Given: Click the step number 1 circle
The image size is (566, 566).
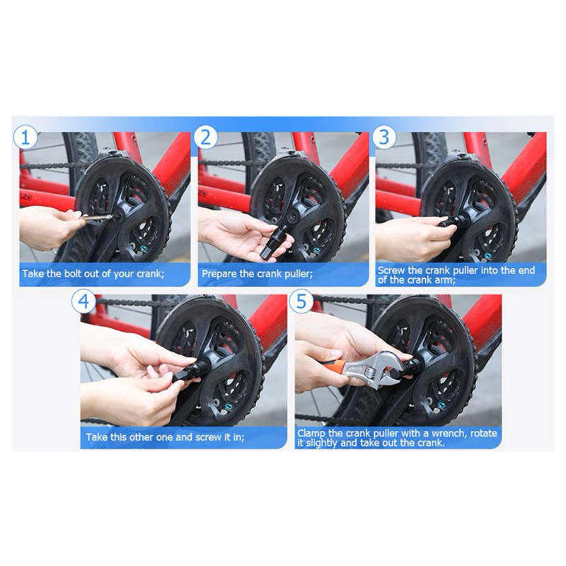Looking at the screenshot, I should [26, 137].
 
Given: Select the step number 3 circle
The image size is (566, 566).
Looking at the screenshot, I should [384, 137].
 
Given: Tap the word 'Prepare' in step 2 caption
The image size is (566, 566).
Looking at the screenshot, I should [221, 272].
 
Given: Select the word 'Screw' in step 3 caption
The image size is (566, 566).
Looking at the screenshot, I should [391, 270].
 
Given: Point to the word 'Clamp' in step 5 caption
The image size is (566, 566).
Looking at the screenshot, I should [312, 432].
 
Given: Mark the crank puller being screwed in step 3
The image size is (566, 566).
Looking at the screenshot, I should [451, 221].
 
